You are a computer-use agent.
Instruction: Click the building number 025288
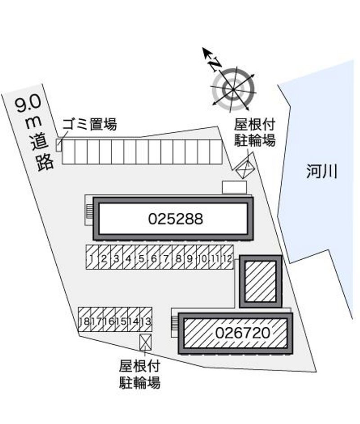(175, 219)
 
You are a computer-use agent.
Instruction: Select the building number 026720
(243, 333)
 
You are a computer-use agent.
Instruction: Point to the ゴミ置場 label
(90, 124)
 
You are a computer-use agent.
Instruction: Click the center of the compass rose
(233, 89)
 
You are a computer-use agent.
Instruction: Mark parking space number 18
(84, 320)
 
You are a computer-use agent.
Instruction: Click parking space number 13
(146, 320)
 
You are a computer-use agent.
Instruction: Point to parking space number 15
(121, 320)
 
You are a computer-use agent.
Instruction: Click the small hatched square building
(261, 281)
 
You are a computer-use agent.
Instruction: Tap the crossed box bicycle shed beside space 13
(145, 342)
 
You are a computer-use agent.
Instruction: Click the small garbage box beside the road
(58, 145)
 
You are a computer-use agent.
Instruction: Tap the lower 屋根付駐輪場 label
(139, 374)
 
